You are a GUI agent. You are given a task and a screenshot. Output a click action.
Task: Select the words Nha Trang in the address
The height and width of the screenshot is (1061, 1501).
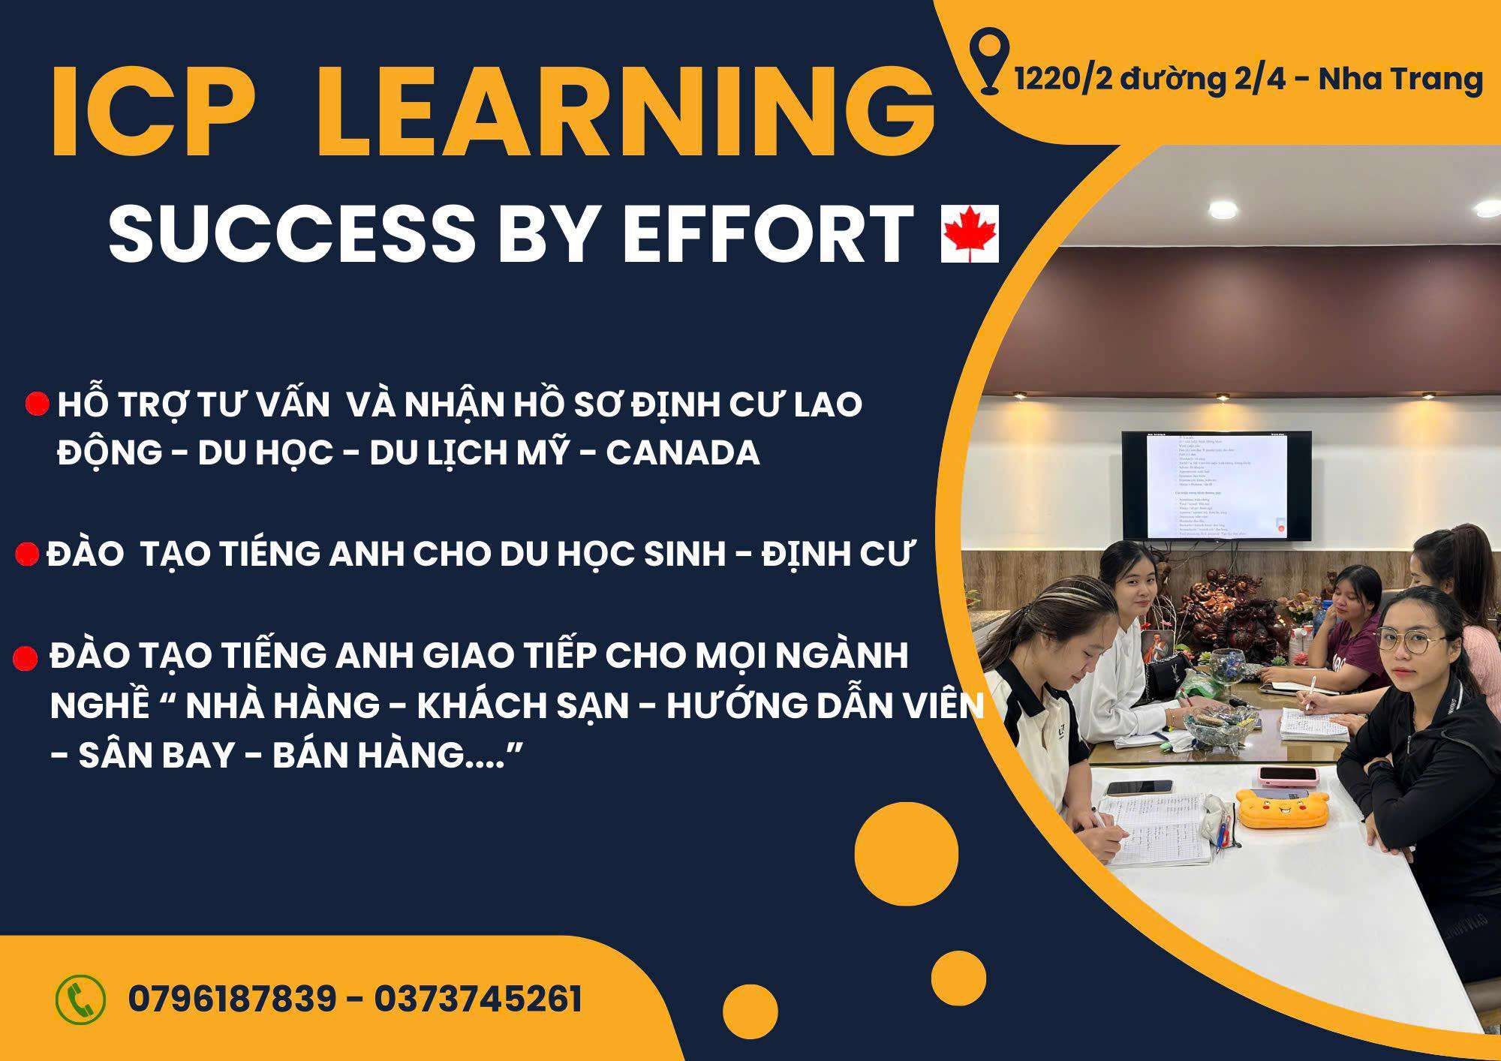point(1400,80)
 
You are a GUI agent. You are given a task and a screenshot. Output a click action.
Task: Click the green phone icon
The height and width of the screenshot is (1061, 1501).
point(80,999)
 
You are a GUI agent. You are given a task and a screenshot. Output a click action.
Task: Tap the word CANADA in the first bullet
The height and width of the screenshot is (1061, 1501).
point(683,453)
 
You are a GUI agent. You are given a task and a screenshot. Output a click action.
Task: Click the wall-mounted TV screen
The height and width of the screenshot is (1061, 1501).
point(1216,485)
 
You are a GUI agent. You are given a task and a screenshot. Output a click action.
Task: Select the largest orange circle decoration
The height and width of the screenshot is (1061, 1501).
point(907,854)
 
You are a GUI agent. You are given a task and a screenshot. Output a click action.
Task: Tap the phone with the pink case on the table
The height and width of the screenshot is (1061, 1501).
point(1289,773)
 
